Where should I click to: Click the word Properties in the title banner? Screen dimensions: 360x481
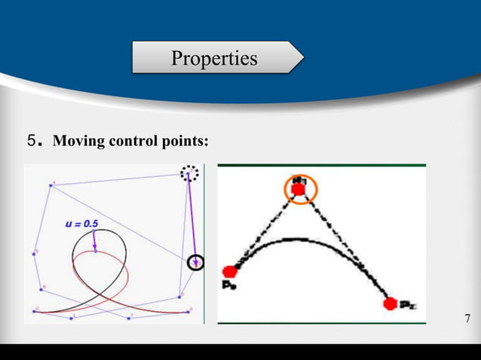pos(214,58)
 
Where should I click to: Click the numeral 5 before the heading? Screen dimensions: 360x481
pos(31,140)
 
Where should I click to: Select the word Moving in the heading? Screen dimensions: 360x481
pos(77,141)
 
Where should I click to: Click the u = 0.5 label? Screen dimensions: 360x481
pos(81,224)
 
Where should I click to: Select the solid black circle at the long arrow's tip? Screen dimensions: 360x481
pos(195,262)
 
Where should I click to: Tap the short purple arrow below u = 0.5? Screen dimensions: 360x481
pos(94,240)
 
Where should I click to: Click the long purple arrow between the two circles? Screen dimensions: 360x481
pos(191,218)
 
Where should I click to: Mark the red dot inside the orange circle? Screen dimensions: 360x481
pos(299,191)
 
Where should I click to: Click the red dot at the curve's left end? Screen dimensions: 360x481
pos(230,271)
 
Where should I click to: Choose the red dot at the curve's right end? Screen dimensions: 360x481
pos(390,304)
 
